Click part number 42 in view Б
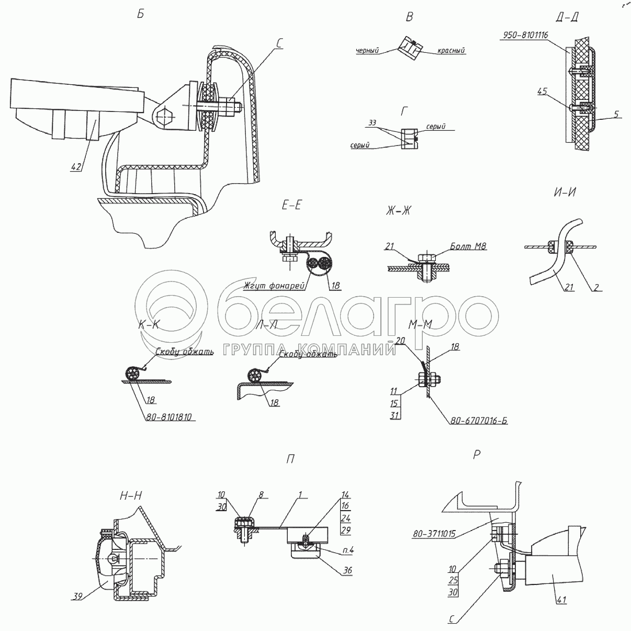click(x=76, y=167)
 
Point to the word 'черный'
click(x=367, y=51)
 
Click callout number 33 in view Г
click(x=373, y=122)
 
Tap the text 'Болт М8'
click(x=468, y=246)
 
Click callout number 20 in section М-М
click(x=401, y=341)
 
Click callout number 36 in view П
click(x=347, y=570)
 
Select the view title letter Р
click(x=476, y=455)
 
